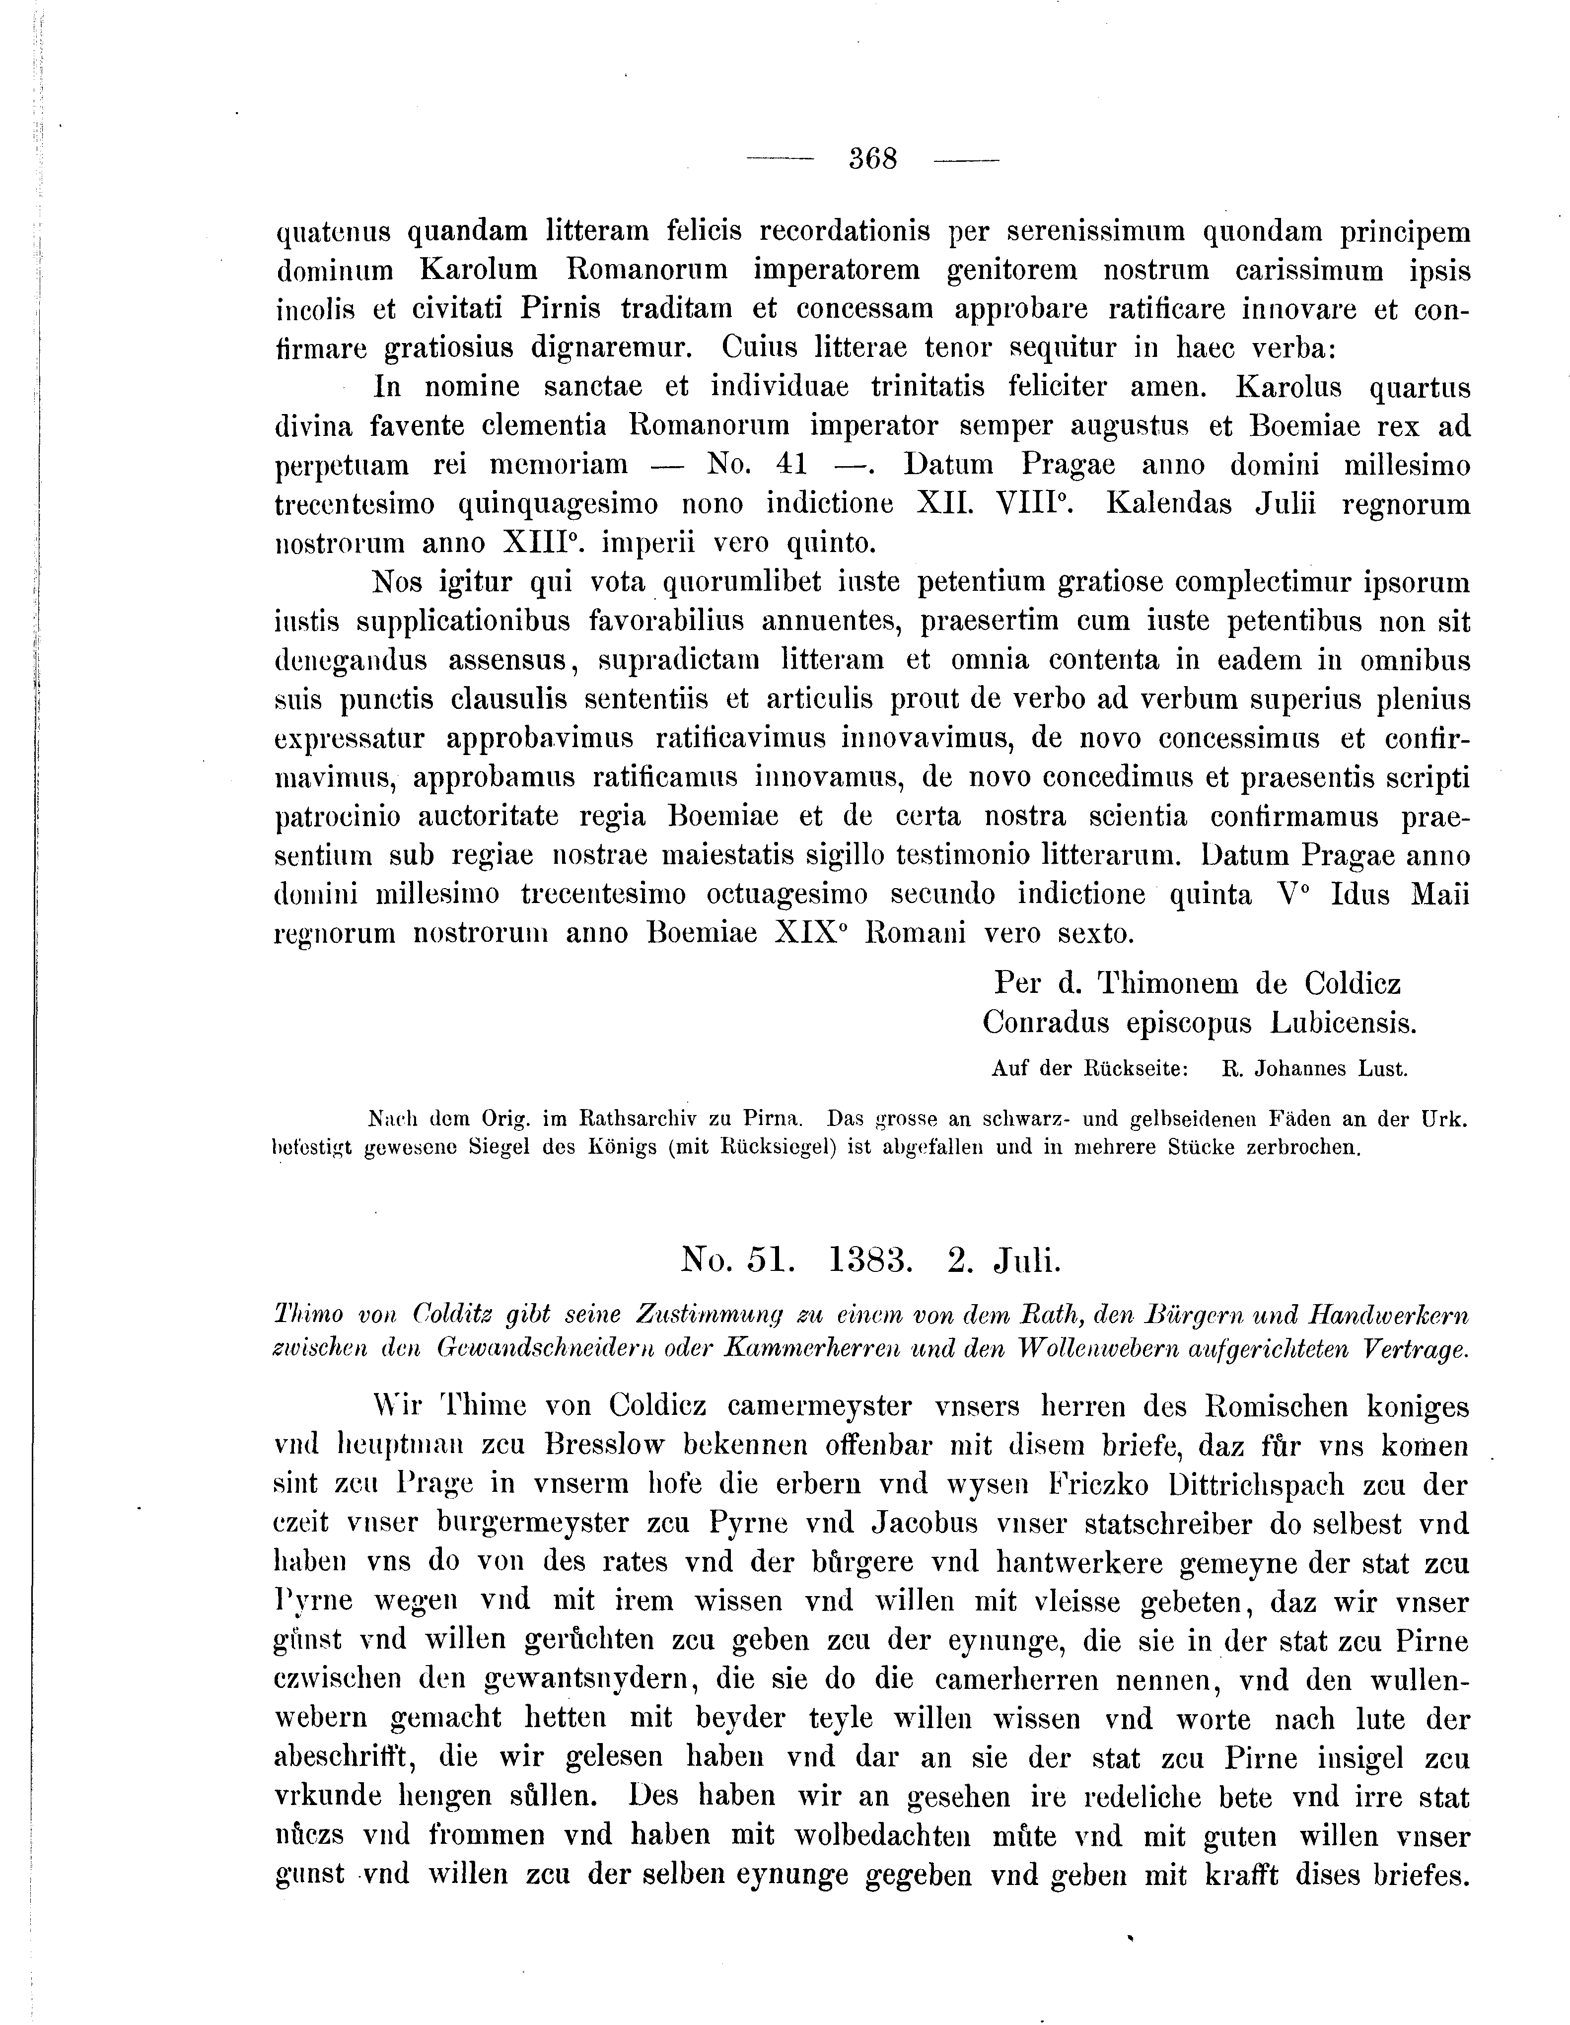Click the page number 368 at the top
(x=872, y=159)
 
